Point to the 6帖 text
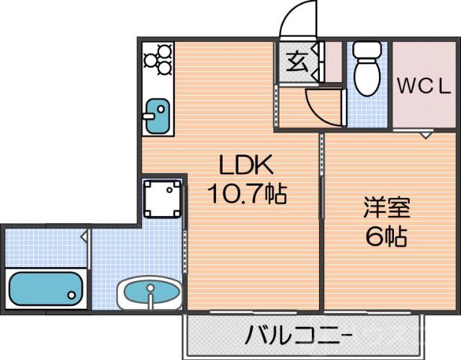click(386, 236)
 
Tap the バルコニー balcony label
click(297, 336)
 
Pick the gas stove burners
click(158, 60)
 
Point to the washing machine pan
click(161, 198)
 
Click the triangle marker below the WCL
click(425, 134)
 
